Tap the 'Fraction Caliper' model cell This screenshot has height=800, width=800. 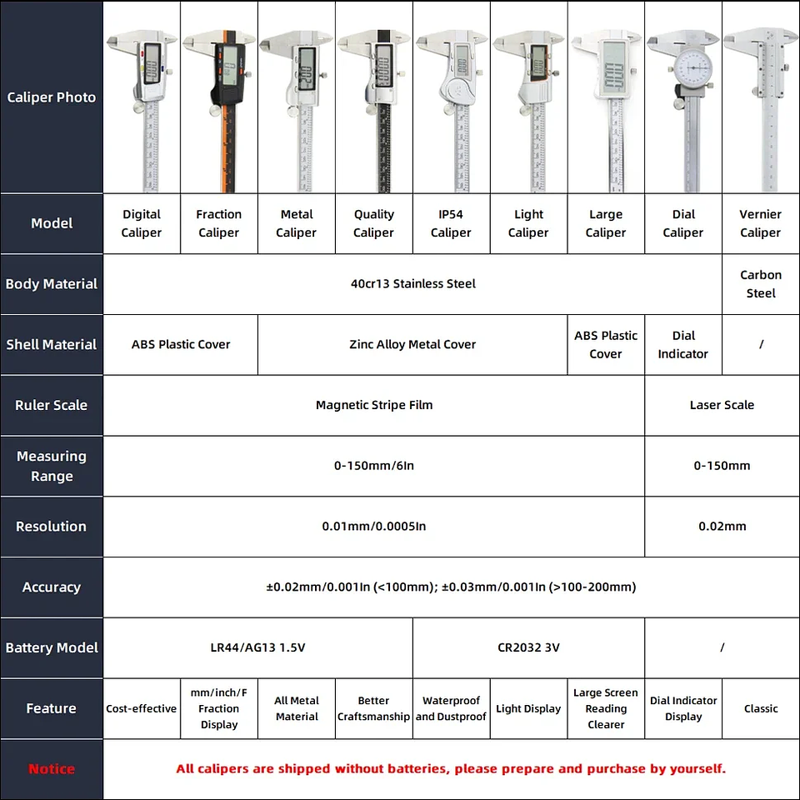click(219, 223)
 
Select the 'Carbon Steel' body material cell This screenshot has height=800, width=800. click(761, 284)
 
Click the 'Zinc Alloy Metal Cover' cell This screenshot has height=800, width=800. click(412, 344)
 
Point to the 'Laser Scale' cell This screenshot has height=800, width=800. click(722, 405)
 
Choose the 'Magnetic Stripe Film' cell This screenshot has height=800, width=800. click(374, 405)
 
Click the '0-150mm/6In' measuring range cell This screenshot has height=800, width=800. click(374, 466)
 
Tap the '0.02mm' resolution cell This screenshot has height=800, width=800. click(722, 527)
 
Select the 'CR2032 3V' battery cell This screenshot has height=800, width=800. click(528, 647)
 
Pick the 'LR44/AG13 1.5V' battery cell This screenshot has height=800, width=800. click(257, 647)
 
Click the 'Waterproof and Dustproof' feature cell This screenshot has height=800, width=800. click(451, 708)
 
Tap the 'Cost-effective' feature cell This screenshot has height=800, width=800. click(142, 708)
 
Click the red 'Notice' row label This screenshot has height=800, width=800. click(52, 769)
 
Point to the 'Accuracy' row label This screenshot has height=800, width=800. click(52, 587)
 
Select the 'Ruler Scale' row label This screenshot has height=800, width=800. click(52, 405)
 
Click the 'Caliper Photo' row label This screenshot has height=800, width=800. click(52, 97)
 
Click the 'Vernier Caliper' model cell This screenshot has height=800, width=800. click(761, 223)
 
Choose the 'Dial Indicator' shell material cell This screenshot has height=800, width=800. click(683, 344)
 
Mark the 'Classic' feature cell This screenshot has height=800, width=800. click(761, 708)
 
